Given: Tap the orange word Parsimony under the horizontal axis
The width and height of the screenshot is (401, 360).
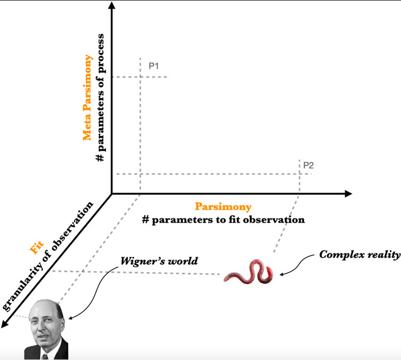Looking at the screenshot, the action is pos(223,206).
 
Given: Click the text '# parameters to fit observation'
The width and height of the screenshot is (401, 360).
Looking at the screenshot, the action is pos(223,219).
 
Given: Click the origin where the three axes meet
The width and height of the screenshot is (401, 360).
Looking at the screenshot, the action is pos(111,193).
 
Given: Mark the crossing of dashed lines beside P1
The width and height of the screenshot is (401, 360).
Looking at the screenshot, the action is pos(140,77).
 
